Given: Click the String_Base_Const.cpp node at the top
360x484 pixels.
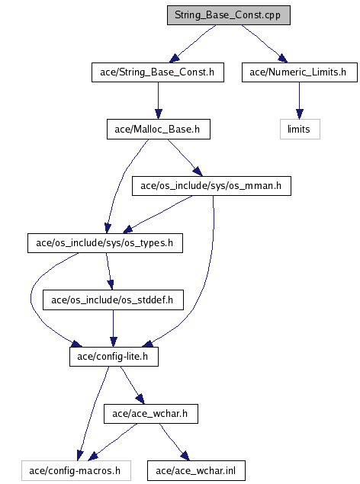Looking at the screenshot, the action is tap(229, 15).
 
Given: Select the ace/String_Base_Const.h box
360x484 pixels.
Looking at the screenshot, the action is tap(158, 72).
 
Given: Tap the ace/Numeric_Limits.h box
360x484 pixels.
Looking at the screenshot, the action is tap(300, 72).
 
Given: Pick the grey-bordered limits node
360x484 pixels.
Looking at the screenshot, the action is tap(300, 129).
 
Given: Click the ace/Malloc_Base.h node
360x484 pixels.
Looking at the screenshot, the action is tap(159, 129).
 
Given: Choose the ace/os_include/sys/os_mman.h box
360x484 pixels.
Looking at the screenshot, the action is tap(211, 186).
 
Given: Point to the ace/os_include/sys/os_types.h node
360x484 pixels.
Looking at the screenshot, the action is tap(105, 243).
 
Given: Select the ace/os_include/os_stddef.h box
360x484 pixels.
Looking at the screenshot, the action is tap(113, 300).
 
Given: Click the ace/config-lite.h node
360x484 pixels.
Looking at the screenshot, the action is tap(114, 357).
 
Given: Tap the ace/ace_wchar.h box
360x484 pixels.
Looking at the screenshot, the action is tap(151, 414).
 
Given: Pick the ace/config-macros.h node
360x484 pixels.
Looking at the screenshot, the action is tap(76, 471).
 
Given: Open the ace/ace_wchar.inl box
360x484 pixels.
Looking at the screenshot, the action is tap(196, 471).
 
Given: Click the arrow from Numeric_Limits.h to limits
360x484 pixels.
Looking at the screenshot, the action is tap(299, 101).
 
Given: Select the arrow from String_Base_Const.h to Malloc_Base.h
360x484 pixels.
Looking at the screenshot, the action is tap(159, 101).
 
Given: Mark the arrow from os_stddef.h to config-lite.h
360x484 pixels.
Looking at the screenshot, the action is tap(114, 329).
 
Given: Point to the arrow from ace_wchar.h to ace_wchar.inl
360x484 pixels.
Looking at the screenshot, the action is tap(174, 442).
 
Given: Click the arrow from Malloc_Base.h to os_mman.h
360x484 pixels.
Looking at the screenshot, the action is tap(185, 158).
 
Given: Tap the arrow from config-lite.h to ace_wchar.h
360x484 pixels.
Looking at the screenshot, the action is tap(132, 385).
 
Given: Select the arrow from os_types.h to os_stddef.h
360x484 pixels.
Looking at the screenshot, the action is tap(109, 271).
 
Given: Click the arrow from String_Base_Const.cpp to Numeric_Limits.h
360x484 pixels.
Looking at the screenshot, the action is tap(265, 43).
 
